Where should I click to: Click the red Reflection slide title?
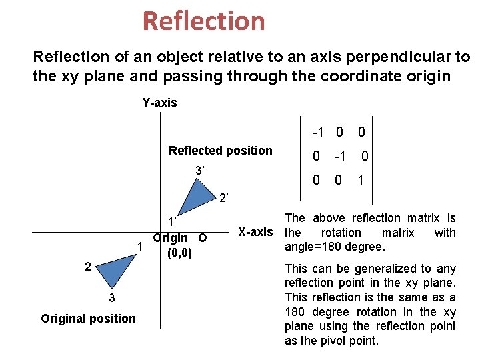pyautogui.click(x=203, y=21)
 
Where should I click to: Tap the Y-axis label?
pyautogui.click(x=159, y=103)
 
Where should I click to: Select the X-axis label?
pyautogui.click(x=255, y=233)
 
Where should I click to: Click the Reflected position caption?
pyautogui.click(x=220, y=151)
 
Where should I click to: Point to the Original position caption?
pyautogui.click(x=88, y=319)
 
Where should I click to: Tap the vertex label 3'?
pyautogui.click(x=199, y=171)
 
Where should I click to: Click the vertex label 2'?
pyautogui.click(x=224, y=198)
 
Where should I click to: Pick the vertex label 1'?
pyautogui.click(x=171, y=222)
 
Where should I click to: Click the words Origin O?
pyautogui.click(x=179, y=238)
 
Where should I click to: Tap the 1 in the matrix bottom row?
pyautogui.click(x=361, y=181)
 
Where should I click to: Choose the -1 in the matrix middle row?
pyautogui.click(x=339, y=157)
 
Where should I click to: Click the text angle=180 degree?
pyautogui.click(x=334, y=247)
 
